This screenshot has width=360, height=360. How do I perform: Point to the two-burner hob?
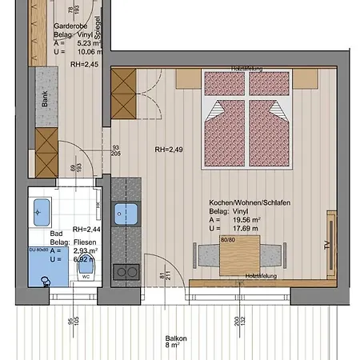tap(125, 272)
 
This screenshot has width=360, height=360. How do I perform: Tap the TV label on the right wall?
tap(326, 244)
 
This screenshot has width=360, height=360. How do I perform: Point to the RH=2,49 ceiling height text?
tap(169, 150)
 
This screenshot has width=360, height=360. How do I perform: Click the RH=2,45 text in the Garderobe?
tap(84, 64)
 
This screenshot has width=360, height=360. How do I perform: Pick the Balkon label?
tap(176, 338)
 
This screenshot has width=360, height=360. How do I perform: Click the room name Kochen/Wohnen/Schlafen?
tap(249, 203)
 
